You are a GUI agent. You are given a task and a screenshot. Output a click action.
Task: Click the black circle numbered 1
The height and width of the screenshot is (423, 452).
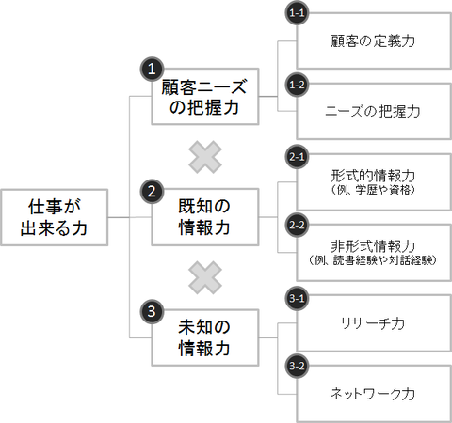[152, 69]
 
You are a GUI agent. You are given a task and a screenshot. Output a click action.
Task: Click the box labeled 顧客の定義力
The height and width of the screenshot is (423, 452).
[374, 41]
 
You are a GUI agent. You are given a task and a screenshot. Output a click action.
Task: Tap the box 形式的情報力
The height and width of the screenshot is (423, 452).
[374, 181]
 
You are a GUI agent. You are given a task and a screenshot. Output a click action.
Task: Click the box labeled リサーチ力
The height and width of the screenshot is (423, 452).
[374, 322]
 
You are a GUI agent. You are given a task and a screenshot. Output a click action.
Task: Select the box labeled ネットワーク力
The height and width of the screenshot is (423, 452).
[374, 393]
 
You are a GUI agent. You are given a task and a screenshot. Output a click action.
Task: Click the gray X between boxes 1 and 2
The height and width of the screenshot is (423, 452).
[204, 156]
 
